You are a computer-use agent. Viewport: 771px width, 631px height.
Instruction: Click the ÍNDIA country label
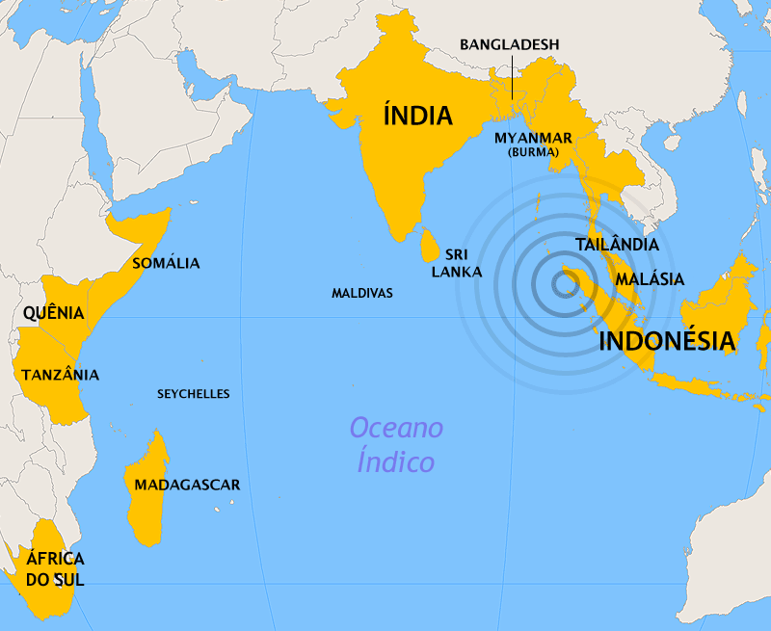417,117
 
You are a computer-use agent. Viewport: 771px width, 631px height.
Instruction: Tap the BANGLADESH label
509,44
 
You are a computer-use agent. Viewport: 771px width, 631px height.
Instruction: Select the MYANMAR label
533,137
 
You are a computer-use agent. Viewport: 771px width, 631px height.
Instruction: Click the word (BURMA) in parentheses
533,152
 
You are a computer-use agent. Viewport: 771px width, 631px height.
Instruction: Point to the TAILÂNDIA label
617,245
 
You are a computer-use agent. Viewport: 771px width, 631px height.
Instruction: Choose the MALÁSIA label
650,279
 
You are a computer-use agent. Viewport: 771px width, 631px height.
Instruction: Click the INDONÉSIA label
667,341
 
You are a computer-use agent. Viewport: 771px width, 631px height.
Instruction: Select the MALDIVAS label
361,293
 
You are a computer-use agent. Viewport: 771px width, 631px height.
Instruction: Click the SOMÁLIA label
166,263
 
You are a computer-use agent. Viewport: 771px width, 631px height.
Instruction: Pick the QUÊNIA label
53,313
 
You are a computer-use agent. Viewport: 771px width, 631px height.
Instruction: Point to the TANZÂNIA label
60,375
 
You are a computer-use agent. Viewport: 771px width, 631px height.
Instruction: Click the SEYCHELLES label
194,394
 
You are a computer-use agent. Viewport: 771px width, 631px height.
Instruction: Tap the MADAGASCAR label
187,485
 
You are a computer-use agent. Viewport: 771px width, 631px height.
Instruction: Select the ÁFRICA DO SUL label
55,568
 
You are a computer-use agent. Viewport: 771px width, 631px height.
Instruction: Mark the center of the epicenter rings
562,283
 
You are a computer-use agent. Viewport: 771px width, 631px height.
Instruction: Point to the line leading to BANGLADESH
511,75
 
